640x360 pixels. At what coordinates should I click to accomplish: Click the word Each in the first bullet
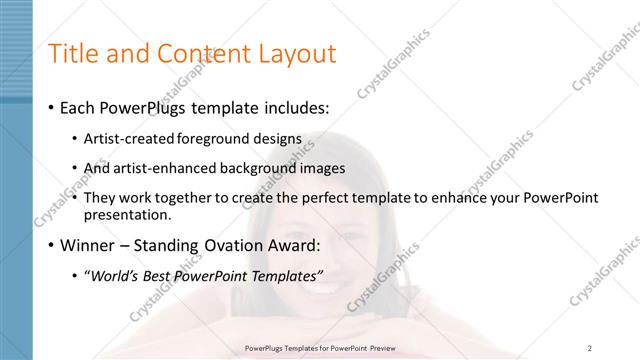[80, 107]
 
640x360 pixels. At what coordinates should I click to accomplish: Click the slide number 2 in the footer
[590, 348]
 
